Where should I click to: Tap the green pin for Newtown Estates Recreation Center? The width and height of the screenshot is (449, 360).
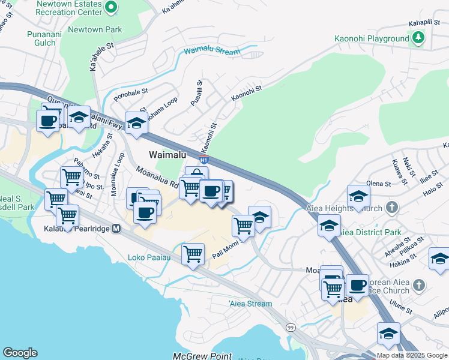(111, 7)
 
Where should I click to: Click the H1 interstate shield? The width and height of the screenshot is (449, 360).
(204, 160)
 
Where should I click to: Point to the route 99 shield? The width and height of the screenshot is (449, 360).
(291, 327)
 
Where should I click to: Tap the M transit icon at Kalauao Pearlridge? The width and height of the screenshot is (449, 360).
(116, 229)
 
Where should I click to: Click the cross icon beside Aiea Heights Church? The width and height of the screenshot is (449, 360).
(392, 207)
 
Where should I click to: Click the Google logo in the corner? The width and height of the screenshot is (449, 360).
(20, 353)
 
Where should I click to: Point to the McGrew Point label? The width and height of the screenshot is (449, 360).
(202, 356)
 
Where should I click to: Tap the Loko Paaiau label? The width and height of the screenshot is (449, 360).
(149, 258)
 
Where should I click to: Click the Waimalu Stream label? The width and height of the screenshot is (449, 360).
(212, 52)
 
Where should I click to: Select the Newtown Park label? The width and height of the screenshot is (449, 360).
(95, 29)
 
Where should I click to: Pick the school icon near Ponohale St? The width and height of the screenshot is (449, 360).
(136, 123)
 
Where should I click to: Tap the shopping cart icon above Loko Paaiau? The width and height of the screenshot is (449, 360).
(193, 254)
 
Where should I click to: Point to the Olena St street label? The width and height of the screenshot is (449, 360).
(379, 183)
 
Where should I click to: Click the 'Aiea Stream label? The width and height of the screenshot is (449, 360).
(250, 304)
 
